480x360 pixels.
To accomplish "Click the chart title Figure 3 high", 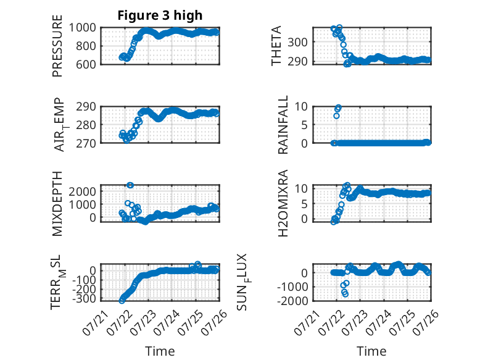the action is [160, 15].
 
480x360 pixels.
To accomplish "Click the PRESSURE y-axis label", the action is [57, 46].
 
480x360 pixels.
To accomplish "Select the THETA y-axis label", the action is [276, 46].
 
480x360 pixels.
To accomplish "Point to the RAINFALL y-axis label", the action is [283, 124].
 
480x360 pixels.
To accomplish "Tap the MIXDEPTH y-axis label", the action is [57, 204].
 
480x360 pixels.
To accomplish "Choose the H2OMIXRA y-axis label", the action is [283, 203].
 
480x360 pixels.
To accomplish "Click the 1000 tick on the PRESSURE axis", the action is [82, 28].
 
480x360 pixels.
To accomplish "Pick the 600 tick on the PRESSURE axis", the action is [86, 64].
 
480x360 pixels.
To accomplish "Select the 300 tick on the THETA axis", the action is [297, 42].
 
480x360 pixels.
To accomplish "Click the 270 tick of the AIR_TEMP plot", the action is [86, 143].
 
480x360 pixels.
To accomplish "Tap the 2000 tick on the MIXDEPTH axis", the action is [82, 191].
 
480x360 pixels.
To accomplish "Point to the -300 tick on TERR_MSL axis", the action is [84, 298].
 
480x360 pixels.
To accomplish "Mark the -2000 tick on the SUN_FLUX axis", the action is [292, 301].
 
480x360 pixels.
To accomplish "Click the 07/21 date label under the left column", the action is [95, 322].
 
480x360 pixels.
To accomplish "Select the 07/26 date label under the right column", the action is [426, 322].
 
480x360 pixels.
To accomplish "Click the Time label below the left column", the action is [160, 351].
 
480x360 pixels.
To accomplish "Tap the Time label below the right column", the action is [371, 351].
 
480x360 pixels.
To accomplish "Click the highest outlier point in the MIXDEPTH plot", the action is [130, 185].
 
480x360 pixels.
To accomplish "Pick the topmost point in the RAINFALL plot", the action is [338, 107].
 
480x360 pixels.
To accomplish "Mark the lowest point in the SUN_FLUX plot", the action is [346, 294].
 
